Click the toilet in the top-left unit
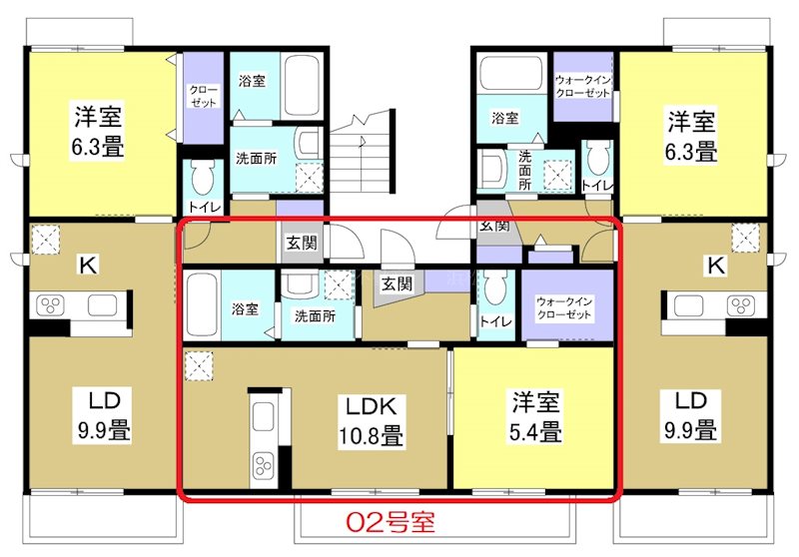pos(205,181)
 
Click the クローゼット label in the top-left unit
pos(204,96)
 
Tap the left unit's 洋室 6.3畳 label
pos(97,133)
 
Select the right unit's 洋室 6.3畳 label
pos(691,138)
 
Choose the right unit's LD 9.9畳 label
pos(691,416)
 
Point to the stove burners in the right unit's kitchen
pos(739,303)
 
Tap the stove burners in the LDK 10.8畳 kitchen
pos(263,466)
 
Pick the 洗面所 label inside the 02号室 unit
pos(313,316)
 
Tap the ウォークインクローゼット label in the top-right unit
pos(581,86)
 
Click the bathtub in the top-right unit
pos(509,74)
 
